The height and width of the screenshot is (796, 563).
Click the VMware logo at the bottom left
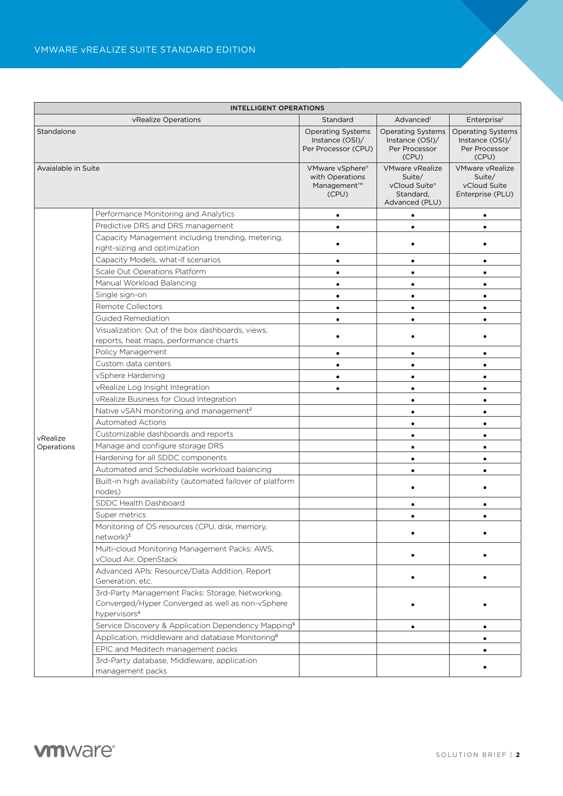coord(74,751)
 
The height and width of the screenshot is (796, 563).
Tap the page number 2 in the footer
coord(518,755)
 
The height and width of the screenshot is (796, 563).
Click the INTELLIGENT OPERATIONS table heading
coord(277,108)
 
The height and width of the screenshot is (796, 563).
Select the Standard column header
coord(338,120)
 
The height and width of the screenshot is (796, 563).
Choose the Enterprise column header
coord(485,120)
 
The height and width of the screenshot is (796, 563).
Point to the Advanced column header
coord(412,120)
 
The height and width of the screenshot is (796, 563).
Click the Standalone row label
coord(56,132)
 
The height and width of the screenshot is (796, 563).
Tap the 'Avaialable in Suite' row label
coord(68,168)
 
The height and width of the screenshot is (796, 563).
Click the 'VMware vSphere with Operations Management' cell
coord(338,181)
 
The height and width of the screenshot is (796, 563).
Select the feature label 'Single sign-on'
coord(121,295)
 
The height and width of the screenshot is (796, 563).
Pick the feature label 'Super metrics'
coord(121,515)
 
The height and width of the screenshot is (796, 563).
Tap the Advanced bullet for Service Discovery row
coord(413,627)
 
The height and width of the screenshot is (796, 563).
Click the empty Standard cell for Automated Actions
coord(338,423)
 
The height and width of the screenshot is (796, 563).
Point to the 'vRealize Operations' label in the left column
coord(56,442)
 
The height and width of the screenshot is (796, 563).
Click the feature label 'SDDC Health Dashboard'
coord(140,503)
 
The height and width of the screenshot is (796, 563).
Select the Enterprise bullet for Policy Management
coord(485,353)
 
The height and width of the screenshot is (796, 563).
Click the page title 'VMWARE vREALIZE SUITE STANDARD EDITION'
coord(145,50)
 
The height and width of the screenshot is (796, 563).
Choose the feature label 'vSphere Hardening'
coord(130,376)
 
